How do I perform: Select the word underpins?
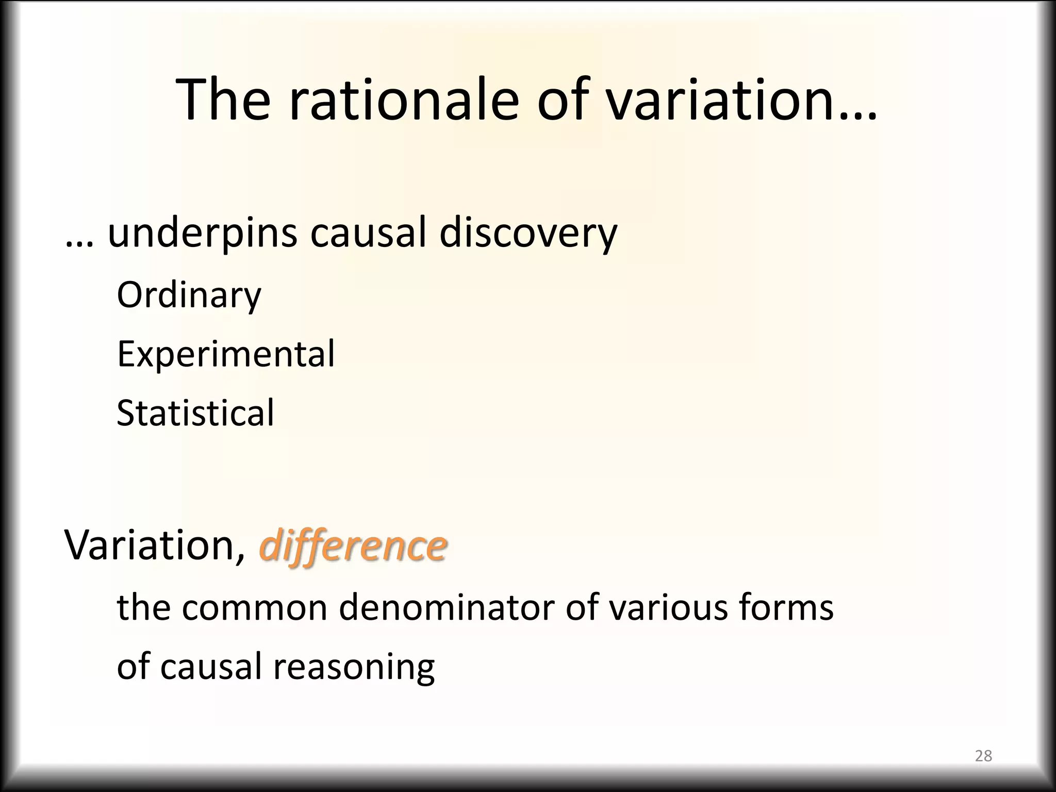203,234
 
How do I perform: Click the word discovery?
528,234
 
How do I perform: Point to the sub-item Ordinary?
189,295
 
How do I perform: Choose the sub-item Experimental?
226,354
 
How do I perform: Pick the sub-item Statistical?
195,413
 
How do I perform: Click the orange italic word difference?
353,546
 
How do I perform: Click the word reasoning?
354,667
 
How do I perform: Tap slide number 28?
983,756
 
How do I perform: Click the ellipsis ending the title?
858,116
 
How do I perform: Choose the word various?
669,608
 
